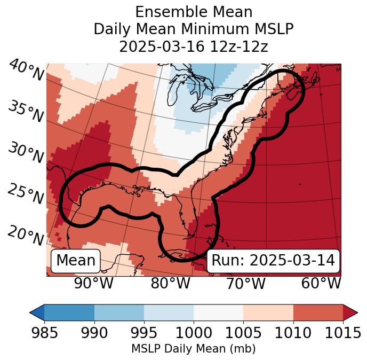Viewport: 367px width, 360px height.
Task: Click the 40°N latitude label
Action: [x=26, y=71]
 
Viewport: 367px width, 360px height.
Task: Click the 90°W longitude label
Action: [x=94, y=284]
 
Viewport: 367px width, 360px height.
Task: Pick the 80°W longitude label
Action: [x=170, y=284]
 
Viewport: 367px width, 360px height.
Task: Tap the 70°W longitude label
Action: [x=246, y=284]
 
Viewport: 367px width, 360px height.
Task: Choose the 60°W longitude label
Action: [x=321, y=284]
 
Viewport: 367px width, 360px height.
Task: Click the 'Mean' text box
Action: [x=76, y=261]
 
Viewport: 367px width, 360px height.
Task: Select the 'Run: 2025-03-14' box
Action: [x=273, y=261]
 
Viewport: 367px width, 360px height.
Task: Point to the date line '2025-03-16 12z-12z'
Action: [x=194, y=46]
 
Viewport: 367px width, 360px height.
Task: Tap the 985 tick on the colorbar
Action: [x=44, y=333]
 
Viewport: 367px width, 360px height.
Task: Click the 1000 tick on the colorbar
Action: [x=194, y=333]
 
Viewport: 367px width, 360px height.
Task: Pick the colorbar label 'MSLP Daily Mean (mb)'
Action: [x=194, y=349]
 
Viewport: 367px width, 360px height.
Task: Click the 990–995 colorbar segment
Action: [x=119, y=312]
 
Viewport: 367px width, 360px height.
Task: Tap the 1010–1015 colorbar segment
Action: [x=318, y=312]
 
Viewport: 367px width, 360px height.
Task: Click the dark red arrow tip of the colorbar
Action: [x=350, y=312]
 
